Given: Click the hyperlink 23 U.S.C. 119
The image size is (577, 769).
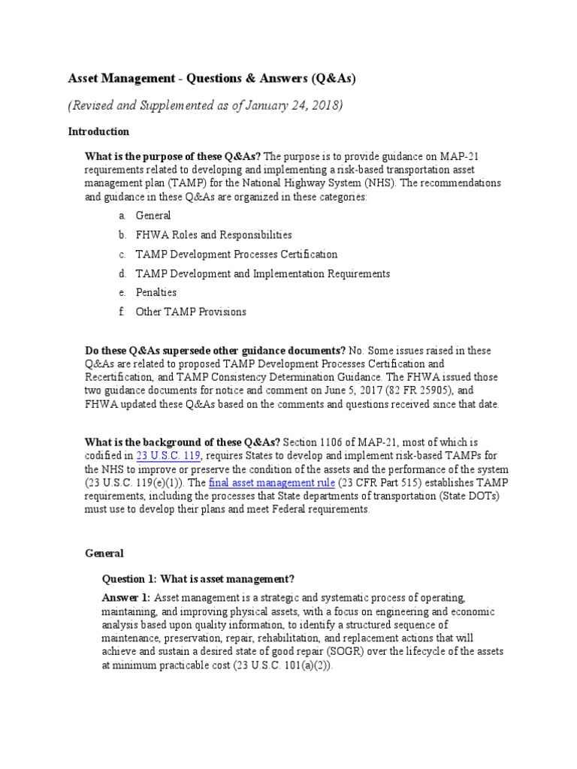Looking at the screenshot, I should coord(169,457).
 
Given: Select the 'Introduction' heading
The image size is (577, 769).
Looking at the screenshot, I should coord(98,131).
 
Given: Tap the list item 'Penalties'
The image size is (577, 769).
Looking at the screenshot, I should coord(156,292).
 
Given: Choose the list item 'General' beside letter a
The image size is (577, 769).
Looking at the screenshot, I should coord(153,216).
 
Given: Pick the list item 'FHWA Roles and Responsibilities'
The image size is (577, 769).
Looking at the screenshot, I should coord(213,235).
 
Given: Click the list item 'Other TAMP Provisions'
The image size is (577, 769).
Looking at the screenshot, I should coord(190,312).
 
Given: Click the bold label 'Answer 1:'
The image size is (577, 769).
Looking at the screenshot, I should coord(125,598).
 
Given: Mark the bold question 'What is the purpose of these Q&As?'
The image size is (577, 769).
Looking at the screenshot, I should coord(174,156).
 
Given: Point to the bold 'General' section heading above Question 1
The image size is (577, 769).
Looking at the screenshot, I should coord(105,553).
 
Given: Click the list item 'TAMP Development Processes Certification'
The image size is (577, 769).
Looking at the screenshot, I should coord(236,255).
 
